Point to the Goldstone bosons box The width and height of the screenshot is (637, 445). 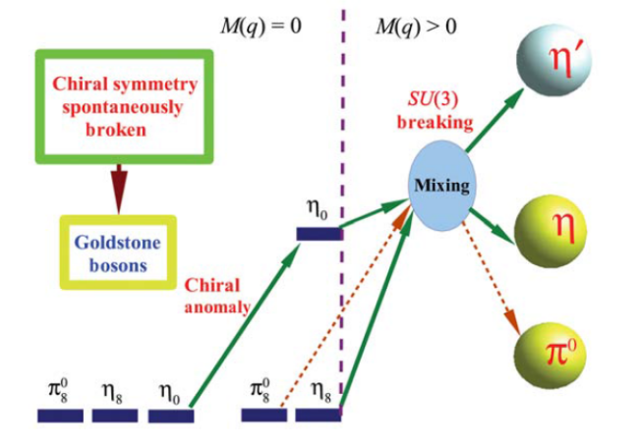pyautogui.click(x=118, y=250)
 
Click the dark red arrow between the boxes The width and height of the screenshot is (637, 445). pyautogui.click(x=119, y=188)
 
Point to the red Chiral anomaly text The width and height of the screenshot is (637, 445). pyautogui.click(x=218, y=294)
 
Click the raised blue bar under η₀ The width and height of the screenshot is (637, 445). pyautogui.click(x=318, y=233)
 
